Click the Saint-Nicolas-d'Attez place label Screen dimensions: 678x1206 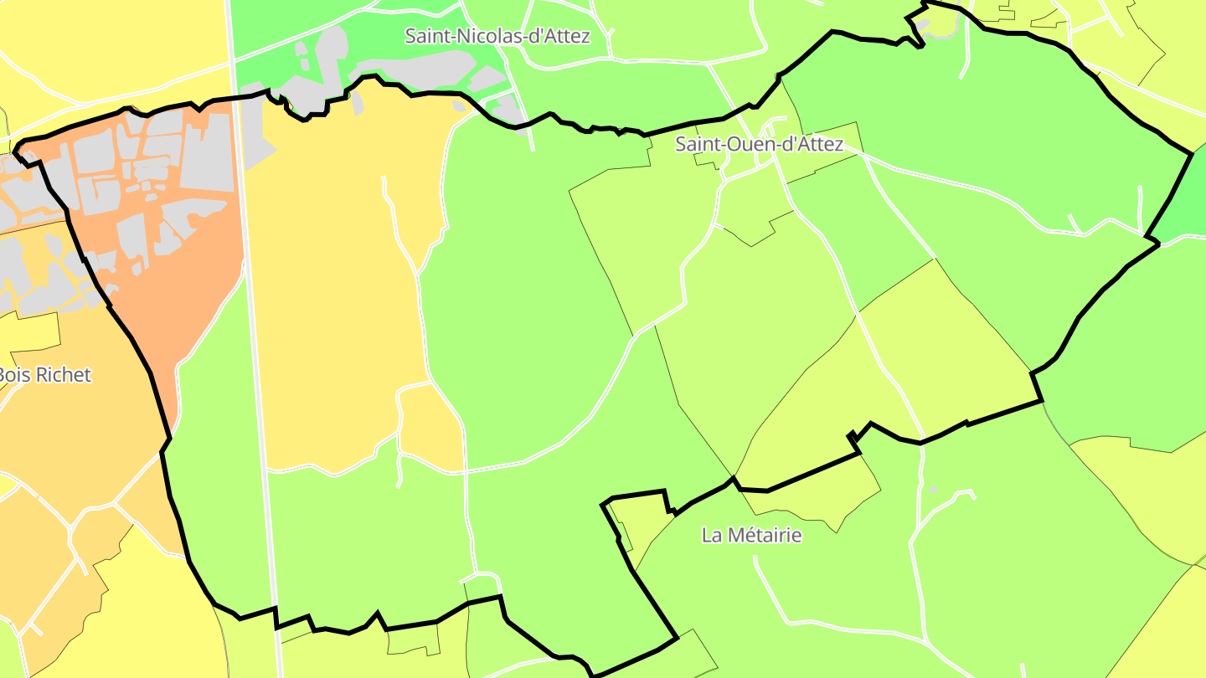click(x=497, y=36)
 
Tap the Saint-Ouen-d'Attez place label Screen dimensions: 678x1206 click(x=759, y=144)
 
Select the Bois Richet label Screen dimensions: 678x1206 click(x=44, y=374)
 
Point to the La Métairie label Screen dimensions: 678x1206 click(x=751, y=535)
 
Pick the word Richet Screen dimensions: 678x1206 click(x=63, y=374)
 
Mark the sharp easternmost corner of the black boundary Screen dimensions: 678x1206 click(x=1192, y=154)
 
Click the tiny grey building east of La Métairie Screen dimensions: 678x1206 click(x=933, y=490)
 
